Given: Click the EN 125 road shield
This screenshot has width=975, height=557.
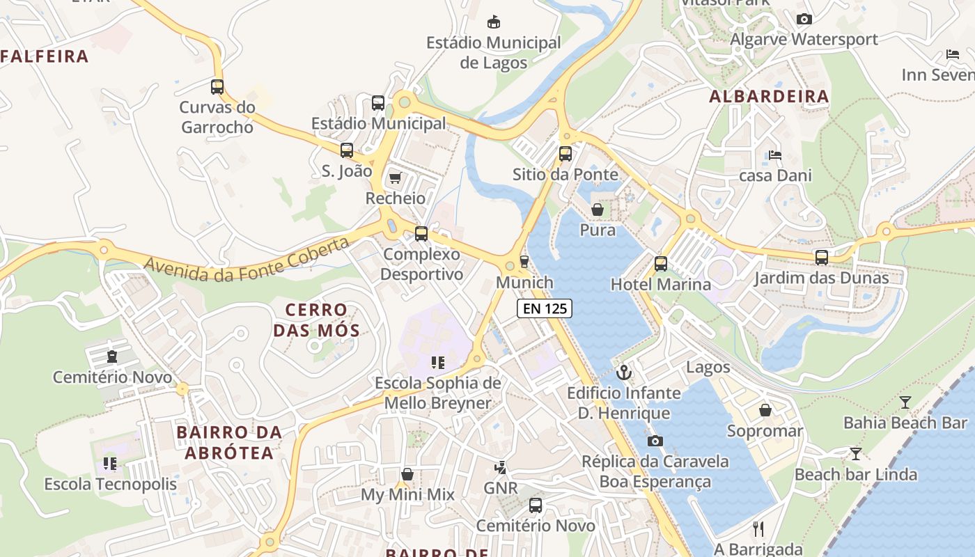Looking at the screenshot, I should (545, 308).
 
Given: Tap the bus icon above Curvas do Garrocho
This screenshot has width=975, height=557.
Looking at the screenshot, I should (217, 87).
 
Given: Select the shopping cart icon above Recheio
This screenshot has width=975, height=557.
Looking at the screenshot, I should (396, 178).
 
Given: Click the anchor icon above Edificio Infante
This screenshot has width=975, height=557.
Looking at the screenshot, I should (623, 372).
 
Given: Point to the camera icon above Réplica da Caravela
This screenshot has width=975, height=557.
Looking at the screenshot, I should (655, 441).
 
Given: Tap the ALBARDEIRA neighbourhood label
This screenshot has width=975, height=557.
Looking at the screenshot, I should (769, 97).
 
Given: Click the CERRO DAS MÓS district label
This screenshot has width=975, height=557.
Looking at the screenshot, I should (316, 320).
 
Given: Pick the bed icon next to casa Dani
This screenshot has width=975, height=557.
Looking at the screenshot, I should (775, 155).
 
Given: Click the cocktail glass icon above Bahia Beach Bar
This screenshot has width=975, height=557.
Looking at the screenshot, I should (905, 402).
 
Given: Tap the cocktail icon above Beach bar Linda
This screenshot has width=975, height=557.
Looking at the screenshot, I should (855, 455).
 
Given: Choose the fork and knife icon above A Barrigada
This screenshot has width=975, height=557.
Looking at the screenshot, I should (758, 529).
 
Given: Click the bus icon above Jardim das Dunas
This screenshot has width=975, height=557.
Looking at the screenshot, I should (822, 258).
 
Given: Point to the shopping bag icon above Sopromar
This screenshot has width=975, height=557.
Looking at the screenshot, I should (765, 411).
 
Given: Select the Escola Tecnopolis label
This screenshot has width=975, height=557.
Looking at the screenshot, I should (111, 484).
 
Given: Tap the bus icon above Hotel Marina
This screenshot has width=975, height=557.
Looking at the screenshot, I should (660, 264).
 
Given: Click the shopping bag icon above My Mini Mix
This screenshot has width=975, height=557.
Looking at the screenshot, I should (407, 475).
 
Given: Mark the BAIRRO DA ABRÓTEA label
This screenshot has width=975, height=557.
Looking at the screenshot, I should (229, 443).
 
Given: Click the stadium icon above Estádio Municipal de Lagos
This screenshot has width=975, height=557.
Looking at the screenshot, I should (494, 22).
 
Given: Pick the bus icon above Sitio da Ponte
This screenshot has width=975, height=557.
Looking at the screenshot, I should (565, 154).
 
